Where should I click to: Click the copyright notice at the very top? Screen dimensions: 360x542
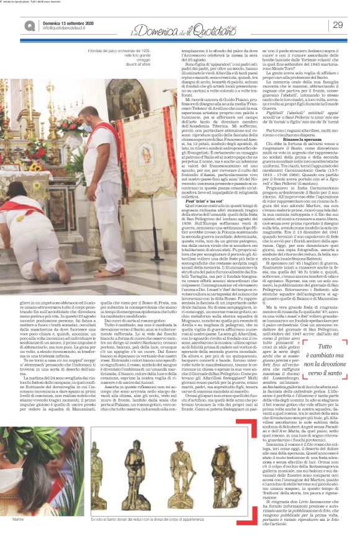point(37,2)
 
